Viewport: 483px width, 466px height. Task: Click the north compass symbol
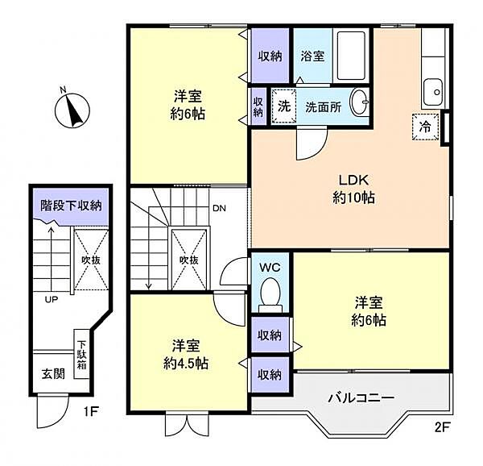point(72,110)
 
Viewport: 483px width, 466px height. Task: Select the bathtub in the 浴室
point(351,56)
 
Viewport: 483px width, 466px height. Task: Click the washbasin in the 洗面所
point(360,102)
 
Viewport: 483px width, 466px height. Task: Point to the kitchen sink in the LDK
point(433,92)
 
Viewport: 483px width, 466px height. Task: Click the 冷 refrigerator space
point(425,127)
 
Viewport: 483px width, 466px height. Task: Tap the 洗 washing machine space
point(284,106)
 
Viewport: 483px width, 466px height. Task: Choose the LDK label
point(353,180)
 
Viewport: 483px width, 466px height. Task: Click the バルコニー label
point(361,397)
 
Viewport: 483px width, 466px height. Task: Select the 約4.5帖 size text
point(186,364)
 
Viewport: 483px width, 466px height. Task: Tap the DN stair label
point(219,209)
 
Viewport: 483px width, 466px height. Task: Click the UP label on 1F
point(52,299)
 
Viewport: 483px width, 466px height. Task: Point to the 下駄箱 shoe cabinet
point(81,355)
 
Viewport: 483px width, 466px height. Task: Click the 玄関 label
point(54,374)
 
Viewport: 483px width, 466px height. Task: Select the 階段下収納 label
point(71,206)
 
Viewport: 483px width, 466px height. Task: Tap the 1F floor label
point(91,411)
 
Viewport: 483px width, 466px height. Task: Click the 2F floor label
point(442,428)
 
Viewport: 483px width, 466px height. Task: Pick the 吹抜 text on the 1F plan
point(91,260)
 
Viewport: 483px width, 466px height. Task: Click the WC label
point(270,268)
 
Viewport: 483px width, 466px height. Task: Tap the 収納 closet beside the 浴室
point(270,56)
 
